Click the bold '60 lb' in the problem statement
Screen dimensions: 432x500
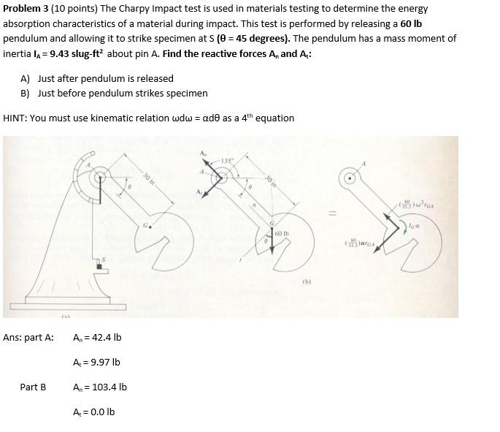coord(411,23)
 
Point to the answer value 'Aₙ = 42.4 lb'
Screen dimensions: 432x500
coord(97,338)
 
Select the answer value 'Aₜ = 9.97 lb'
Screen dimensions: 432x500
coord(96,362)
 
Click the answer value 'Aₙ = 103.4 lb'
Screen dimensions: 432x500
coord(99,387)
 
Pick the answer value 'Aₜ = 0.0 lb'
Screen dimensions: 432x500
coord(93,412)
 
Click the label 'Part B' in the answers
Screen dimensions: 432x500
coord(33,387)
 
